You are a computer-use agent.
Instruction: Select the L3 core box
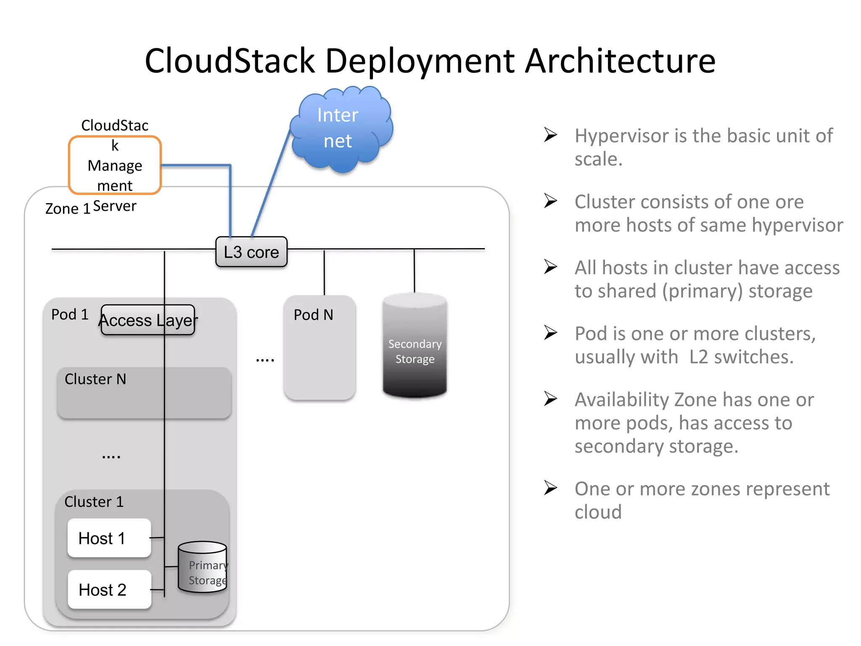[x=251, y=252]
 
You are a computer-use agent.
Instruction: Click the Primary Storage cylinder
[x=203, y=568]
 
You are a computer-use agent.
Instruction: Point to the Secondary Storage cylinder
[x=415, y=347]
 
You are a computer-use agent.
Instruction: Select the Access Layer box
[x=148, y=320]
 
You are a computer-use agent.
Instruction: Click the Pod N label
[x=313, y=315]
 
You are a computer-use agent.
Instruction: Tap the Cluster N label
[x=95, y=379]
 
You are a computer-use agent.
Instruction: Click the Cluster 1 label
[x=94, y=501]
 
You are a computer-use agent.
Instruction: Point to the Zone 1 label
[x=67, y=209]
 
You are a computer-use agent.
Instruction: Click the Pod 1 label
[x=70, y=314]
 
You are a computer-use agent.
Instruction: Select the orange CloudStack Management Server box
[x=115, y=165]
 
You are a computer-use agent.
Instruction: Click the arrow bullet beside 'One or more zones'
[x=550, y=488]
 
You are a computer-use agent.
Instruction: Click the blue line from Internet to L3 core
[x=271, y=183]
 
